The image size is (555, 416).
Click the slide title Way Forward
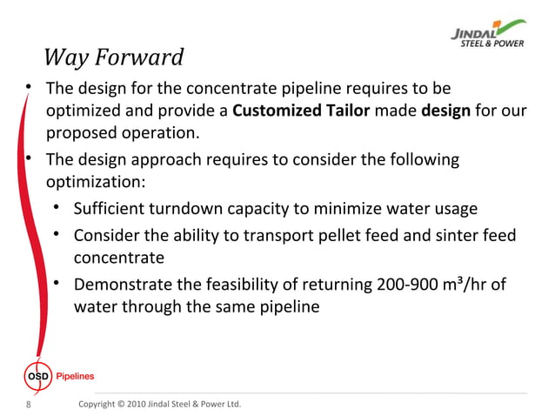(x=113, y=58)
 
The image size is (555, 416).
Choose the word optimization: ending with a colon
(x=97, y=185)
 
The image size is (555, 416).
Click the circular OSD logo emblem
(x=34, y=376)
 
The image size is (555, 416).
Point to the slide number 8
(x=30, y=405)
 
